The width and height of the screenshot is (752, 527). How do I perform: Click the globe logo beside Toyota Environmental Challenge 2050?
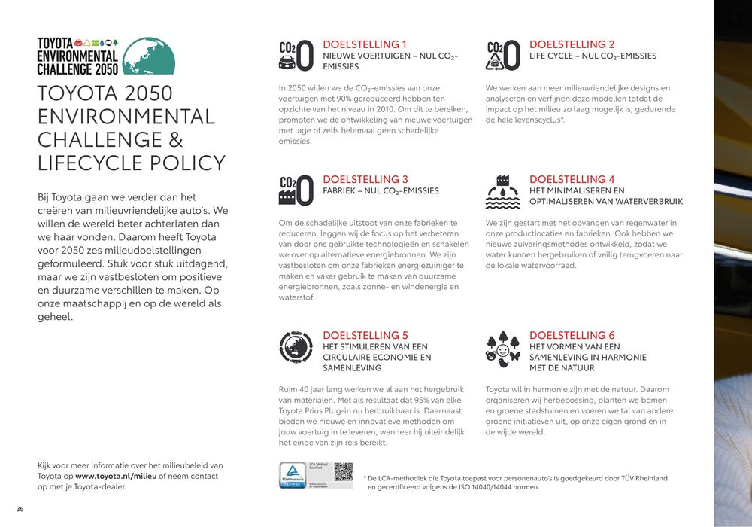pyautogui.click(x=148, y=56)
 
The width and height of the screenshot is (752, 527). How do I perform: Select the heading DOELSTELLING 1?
pyautogui.click(x=365, y=44)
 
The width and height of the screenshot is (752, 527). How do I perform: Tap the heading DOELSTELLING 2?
pyautogui.click(x=572, y=44)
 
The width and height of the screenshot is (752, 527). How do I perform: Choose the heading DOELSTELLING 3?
pyautogui.click(x=365, y=179)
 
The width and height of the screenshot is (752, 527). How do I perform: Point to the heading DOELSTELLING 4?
pyautogui.click(x=572, y=179)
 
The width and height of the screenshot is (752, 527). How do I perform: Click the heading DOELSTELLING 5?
pyautogui.click(x=365, y=335)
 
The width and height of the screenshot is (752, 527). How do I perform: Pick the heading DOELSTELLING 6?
pyautogui.click(x=572, y=335)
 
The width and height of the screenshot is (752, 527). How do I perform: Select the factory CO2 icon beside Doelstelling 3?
pyautogui.click(x=296, y=190)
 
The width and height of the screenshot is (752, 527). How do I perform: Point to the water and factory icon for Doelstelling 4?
pyautogui.click(x=503, y=191)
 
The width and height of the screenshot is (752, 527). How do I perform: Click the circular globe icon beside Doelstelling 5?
pyautogui.click(x=296, y=347)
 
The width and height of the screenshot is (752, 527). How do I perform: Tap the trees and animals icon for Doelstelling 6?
pyautogui.click(x=503, y=349)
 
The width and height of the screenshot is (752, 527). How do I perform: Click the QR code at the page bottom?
pyautogui.click(x=343, y=472)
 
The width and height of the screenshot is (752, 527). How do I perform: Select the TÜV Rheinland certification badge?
pyautogui.click(x=292, y=475)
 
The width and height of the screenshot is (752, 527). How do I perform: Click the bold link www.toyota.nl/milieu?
pyautogui.click(x=115, y=476)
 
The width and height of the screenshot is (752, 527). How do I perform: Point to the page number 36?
pyautogui.click(x=20, y=510)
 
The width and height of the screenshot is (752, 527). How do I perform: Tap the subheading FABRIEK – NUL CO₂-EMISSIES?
pyautogui.click(x=381, y=191)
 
